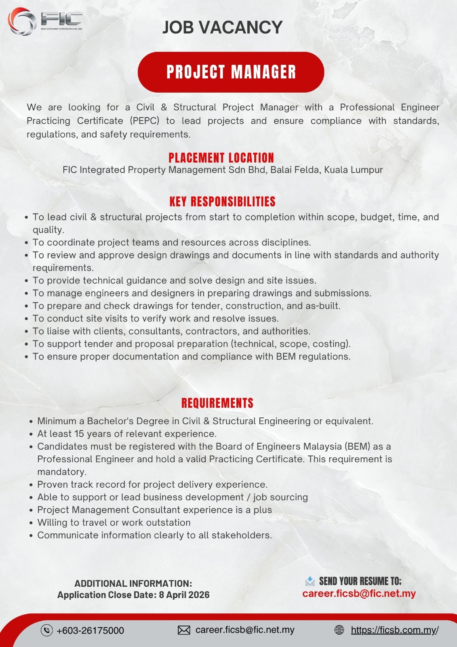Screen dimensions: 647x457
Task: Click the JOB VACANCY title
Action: tap(222, 27)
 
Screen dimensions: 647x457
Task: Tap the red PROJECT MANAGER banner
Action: tap(231, 72)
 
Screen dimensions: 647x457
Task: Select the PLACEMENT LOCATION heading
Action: tap(221, 158)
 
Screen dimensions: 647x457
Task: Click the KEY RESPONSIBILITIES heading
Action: tap(222, 201)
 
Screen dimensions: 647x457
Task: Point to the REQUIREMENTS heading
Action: tap(217, 403)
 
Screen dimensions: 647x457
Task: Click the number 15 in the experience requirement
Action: tap(79, 434)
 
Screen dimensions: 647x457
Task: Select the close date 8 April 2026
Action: tap(184, 595)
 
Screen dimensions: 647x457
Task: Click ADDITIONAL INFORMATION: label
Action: tap(133, 584)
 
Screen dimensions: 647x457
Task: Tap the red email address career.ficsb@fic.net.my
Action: tap(359, 594)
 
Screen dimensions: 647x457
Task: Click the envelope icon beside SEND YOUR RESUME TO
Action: tap(310, 581)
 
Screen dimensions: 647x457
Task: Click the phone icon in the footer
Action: tap(47, 630)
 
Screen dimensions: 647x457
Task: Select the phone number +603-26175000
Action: tap(90, 630)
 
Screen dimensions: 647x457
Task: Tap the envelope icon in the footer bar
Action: tap(184, 630)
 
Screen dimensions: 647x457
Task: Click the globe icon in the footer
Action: tap(339, 630)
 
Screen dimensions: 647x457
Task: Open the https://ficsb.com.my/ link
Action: tap(394, 630)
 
